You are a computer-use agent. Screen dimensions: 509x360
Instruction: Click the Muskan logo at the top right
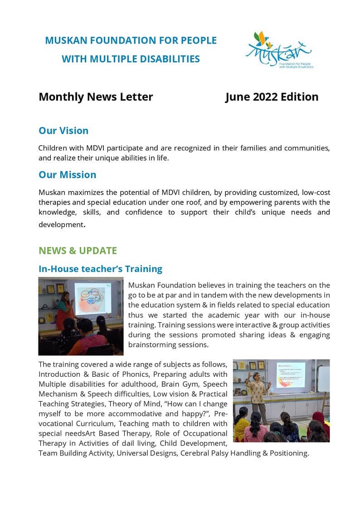pos(278,49)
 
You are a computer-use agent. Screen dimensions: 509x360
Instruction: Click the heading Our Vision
pos(63,131)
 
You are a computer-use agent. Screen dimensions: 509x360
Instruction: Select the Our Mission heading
pos(67,175)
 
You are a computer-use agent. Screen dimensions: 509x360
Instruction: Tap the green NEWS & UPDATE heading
pos(78,251)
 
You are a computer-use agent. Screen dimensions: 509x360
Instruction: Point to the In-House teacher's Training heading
pos(100,269)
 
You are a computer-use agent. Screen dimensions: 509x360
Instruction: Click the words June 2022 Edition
pos(272,97)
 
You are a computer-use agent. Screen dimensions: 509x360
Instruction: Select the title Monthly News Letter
pos(96,97)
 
